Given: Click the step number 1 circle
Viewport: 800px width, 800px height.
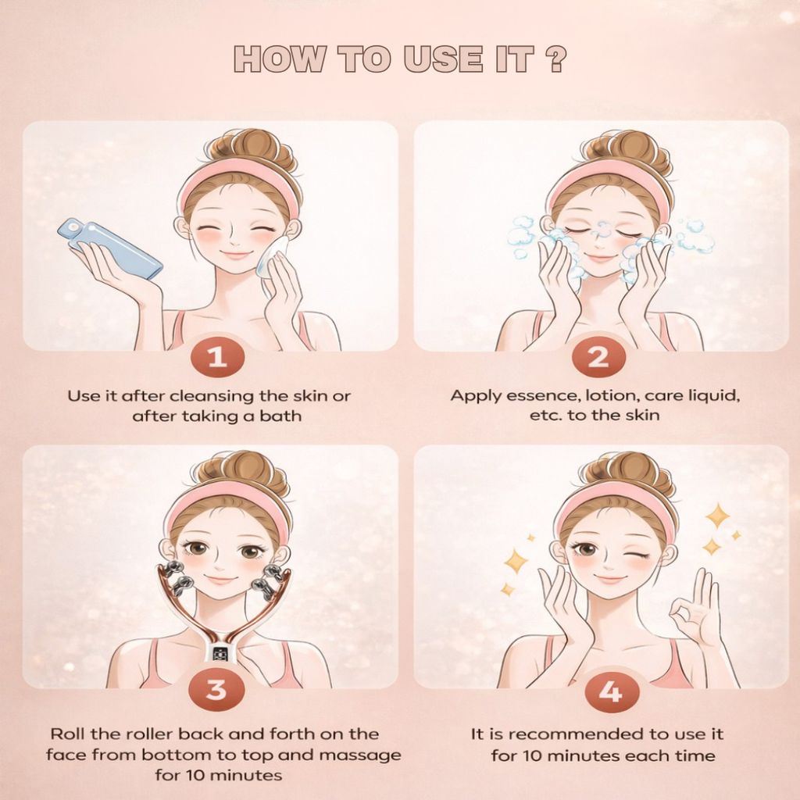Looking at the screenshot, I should click(216, 357).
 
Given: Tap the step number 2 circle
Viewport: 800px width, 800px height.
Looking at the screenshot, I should click(598, 357).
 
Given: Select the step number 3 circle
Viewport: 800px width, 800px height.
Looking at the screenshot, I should click(216, 690).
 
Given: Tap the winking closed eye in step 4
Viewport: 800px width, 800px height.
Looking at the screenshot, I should click(637, 555).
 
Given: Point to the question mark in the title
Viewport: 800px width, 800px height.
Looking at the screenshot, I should click(555, 60).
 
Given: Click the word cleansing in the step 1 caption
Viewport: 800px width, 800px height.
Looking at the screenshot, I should click(226, 396).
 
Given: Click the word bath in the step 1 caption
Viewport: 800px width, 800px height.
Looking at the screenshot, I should click(284, 416).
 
